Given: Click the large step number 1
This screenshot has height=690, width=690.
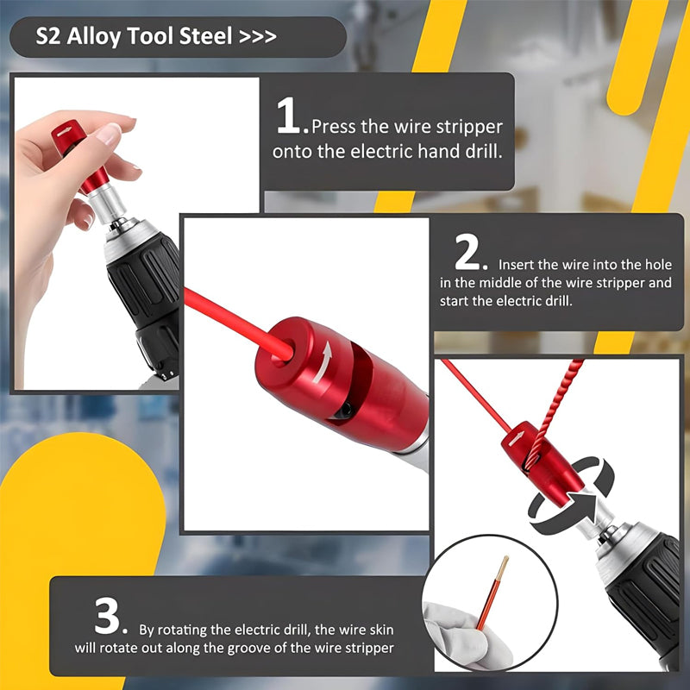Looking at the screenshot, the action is (x=290, y=115).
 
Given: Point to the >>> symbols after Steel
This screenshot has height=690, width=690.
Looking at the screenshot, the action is (x=258, y=36).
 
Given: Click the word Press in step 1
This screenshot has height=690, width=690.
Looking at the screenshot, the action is (x=334, y=127).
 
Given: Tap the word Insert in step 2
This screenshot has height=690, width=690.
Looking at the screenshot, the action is (x=516, y=265).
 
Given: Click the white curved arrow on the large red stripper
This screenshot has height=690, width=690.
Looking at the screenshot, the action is (x=325, y=360).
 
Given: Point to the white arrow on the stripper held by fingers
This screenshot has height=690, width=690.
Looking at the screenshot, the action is (x=65, y=131).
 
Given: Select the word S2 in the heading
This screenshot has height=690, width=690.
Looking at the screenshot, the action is (x=48, y=36).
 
